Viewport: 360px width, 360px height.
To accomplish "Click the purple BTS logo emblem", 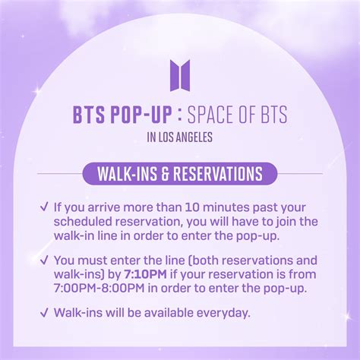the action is point(180,75).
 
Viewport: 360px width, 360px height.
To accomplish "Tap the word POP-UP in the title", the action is point(141,115).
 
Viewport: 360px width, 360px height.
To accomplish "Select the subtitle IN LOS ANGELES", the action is point(180,137).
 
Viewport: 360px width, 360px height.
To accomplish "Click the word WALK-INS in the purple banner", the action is point(127,174).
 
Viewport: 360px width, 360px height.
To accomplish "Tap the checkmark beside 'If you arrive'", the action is point(44,207).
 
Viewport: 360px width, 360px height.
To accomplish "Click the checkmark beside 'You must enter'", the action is point(44,260).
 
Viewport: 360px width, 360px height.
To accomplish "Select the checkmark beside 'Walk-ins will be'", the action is point(44,312).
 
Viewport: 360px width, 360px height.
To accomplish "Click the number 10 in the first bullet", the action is point(192,207).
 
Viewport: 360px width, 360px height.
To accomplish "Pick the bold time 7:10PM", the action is point(145,274).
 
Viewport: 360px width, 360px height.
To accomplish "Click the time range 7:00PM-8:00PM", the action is point(99,288).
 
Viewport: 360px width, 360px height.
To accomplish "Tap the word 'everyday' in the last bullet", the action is point(223,313).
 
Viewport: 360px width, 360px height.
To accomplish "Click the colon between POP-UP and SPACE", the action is point(179,115).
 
